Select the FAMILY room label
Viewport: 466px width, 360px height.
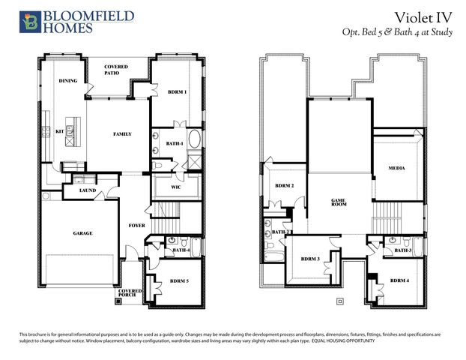(122, 134)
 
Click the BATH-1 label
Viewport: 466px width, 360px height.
(175, 142)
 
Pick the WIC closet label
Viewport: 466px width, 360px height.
(176, 187)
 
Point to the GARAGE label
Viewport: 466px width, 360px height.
(82, 233)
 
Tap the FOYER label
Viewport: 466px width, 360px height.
(136, 224)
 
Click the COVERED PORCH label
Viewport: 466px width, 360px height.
(130, 292)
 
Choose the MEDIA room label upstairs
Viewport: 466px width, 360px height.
(396, 168)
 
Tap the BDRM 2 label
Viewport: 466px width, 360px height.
(284, 186)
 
